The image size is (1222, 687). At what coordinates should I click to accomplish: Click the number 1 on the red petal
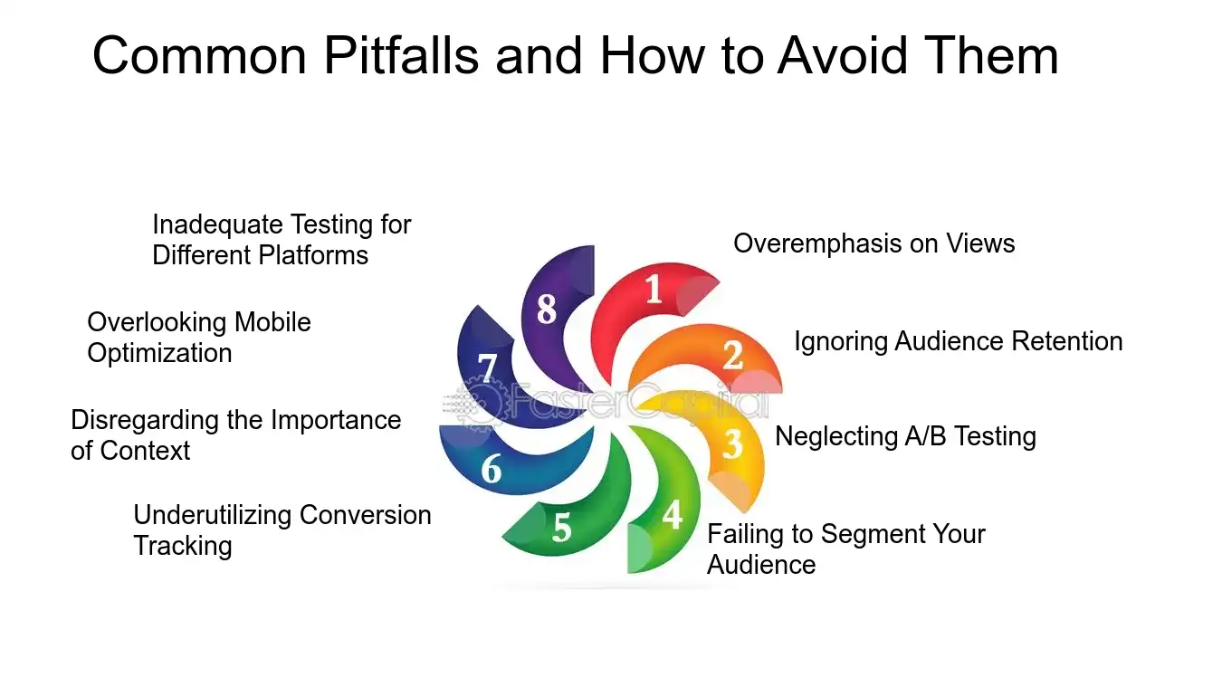coord(654,290)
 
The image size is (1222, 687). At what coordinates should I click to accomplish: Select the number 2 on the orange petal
coord(732,355)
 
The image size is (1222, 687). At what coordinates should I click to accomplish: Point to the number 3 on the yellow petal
coord(732,444)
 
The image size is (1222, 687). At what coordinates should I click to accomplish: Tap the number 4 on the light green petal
coord(672,514)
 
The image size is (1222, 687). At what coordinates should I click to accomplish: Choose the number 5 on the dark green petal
coord(562,527)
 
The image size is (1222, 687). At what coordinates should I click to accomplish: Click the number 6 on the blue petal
coord(492,470)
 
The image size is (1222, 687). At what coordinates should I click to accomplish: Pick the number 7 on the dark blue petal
coord(488,368)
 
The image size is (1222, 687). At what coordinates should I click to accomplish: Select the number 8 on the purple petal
coord(546,310)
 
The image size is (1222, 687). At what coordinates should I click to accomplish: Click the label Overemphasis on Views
coord(874,243)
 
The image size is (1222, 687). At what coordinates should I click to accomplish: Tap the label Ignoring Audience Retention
coord(958,341)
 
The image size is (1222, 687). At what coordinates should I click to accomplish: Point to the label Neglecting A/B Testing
coord(905,436)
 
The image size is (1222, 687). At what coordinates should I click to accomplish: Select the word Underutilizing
coord(213,515)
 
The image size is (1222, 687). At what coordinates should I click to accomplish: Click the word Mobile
coord(272,322)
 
